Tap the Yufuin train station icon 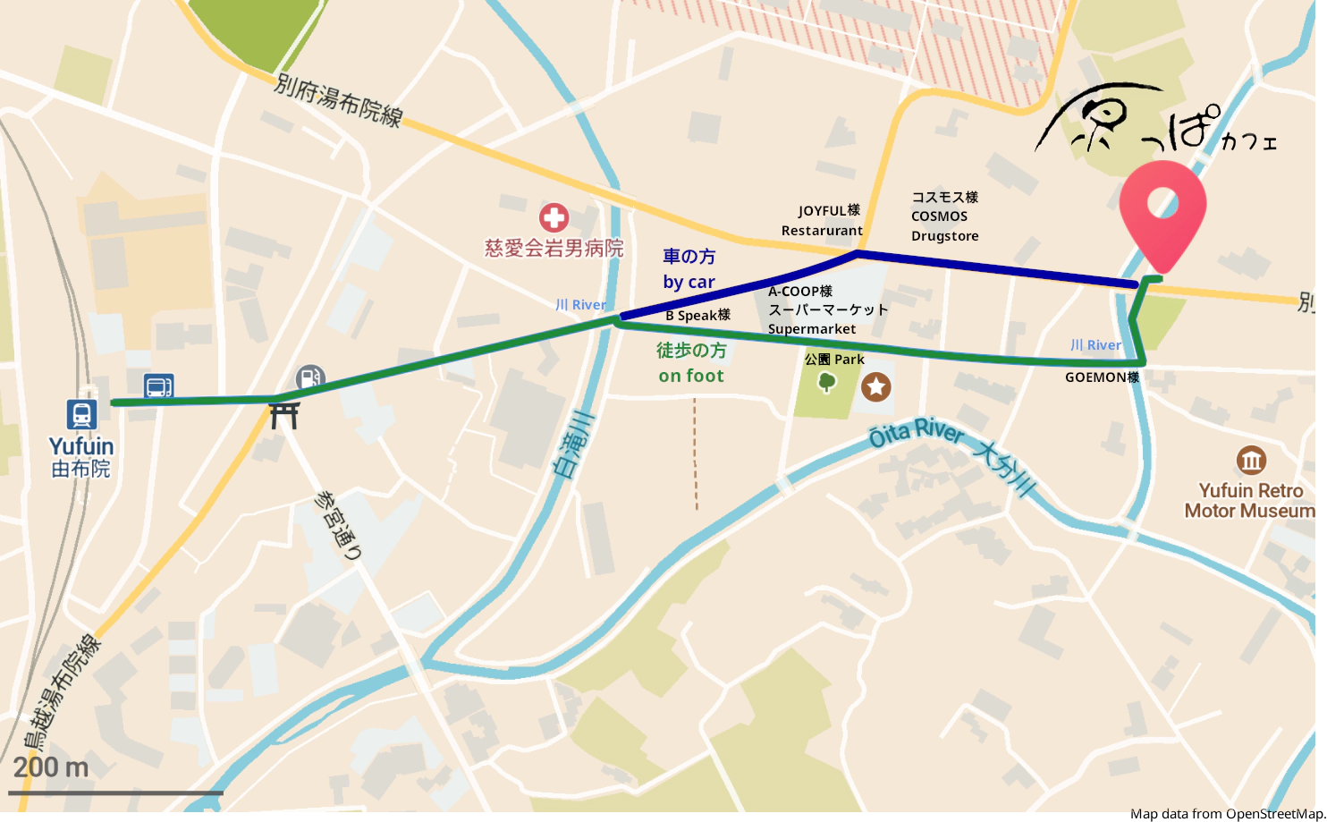coord(81,414)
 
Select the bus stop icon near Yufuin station coord(158,386)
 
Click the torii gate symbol coord(284,415)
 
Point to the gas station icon coord(309,377)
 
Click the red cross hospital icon coord(554,217)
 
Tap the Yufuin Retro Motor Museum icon coord(1251,461)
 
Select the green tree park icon coord(826,384)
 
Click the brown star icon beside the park coord(875,386)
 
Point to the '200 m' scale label coord(51,767)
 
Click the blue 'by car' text coord(689,283)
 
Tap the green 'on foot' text coord(691,377)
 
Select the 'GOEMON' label coord(1102,377)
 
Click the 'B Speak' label coord(697,316)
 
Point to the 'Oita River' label coord(917,433)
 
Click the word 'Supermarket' coord(812,329)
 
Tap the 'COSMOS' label coord(939,216)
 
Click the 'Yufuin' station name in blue coord(81,446)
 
